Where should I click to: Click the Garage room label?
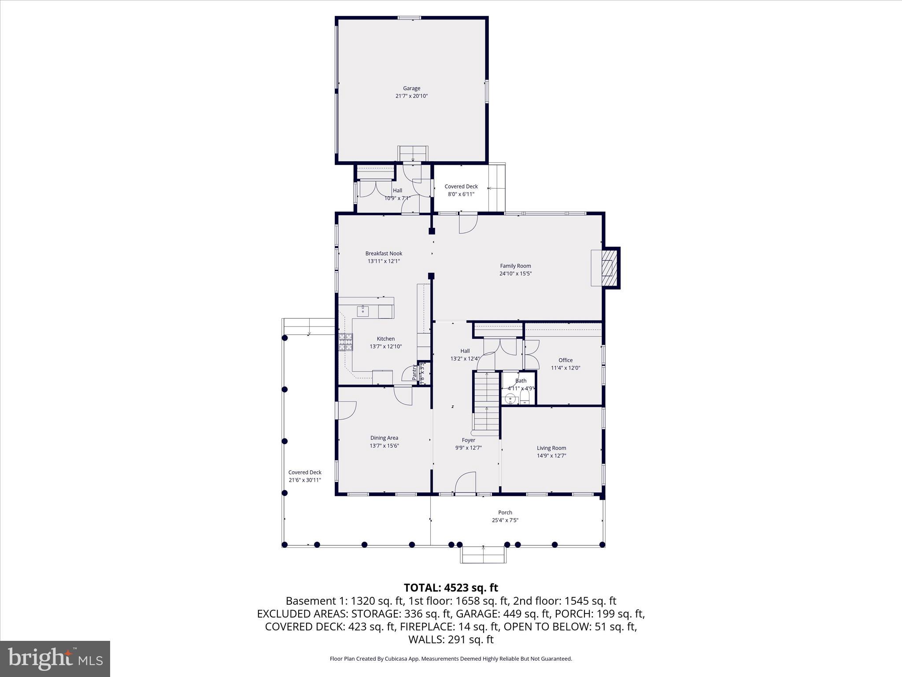(411, 89)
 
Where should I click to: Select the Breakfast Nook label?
(384, 253)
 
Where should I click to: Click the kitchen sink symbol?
(363, 311)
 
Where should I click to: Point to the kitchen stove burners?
(346, 342)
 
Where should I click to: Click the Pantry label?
(414, 373)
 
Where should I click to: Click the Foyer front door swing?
(466, 483)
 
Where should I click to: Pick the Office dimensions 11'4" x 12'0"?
(566, 368)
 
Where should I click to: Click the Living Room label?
(551, 448)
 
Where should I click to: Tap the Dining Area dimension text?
(384, 446)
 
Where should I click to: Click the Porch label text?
(505, 513)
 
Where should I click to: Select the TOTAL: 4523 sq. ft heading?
(451, 588)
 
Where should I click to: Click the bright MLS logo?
(55, 658)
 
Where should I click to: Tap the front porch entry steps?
(483, 555)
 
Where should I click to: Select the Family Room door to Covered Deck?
(468, 223)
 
